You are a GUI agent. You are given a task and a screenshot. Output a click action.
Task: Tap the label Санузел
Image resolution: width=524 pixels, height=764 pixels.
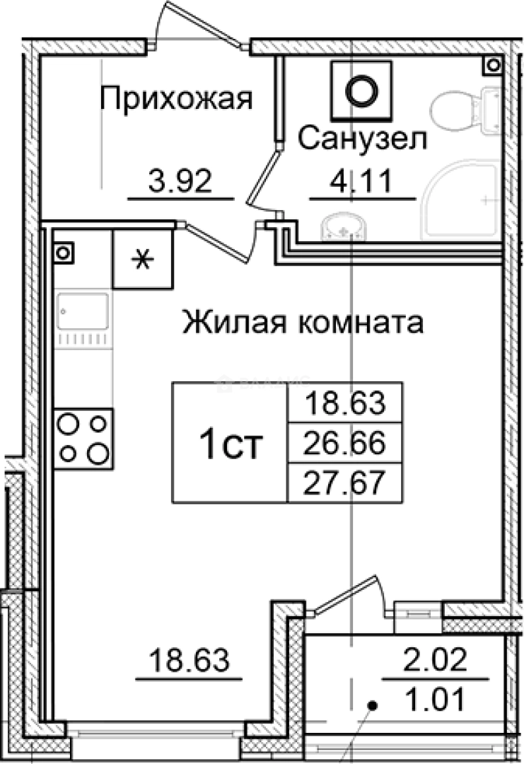(361, 139)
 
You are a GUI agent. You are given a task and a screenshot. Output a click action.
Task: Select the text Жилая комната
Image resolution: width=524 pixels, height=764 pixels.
(303, 323)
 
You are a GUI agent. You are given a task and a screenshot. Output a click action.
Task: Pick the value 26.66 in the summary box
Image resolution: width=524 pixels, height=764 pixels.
(344, 444)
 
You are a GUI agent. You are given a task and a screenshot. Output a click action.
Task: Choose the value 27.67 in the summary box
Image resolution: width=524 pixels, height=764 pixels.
(344, 485)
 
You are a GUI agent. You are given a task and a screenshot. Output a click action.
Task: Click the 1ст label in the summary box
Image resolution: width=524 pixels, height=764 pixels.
(231, 444)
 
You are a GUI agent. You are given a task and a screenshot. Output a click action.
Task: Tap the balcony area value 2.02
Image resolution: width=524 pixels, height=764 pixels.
(436, 661)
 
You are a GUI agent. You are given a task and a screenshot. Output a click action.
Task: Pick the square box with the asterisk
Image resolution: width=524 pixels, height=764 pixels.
(144, 260)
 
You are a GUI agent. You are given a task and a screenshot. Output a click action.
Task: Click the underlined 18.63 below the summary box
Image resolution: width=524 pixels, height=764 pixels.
(189, 662)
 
